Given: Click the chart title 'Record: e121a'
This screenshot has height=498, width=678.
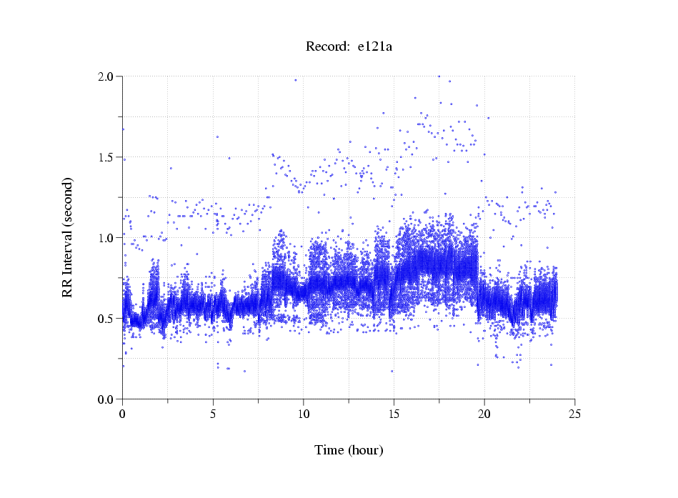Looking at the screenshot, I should [x=349, y=47].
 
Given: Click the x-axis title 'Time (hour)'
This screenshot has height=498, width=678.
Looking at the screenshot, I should [x=349, y=450].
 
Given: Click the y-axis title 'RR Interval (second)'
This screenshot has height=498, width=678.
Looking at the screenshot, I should [x=67, y=237].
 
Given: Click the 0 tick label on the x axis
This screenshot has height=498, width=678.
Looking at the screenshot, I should [x=123, y=414].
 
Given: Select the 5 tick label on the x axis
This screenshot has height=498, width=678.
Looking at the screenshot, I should [x=213, y=414].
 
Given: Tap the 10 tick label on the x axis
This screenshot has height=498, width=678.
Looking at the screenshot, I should [x=304, y=414].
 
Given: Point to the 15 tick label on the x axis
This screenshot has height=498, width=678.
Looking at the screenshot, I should [x=394, y=414].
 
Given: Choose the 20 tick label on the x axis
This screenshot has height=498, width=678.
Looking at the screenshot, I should [x=484, y=414].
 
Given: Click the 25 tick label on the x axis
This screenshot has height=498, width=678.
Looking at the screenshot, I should [x=574, y=414].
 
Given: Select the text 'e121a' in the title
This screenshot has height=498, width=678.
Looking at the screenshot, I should [x=375, y=47].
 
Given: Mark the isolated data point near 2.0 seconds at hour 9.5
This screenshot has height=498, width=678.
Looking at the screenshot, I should [x=295, y=80].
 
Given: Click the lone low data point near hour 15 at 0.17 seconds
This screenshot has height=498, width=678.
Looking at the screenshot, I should [x=392, y=371].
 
